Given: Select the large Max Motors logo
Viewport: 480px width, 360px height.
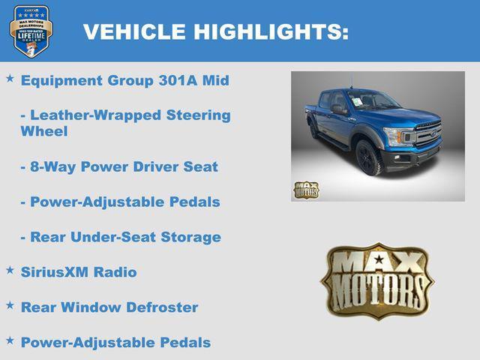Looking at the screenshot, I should click(377, 280).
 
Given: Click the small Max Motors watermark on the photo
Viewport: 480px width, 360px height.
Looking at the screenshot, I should click(305, 190).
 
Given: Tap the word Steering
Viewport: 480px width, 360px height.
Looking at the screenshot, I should click(197, 115).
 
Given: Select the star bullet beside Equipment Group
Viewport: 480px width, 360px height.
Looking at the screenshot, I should click(10, 77).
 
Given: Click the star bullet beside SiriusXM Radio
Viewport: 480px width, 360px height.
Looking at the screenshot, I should click(10, 270).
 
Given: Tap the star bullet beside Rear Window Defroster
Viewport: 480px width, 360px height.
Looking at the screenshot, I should click(10, 305).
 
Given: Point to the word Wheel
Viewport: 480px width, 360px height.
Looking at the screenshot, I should click(44, 131).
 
